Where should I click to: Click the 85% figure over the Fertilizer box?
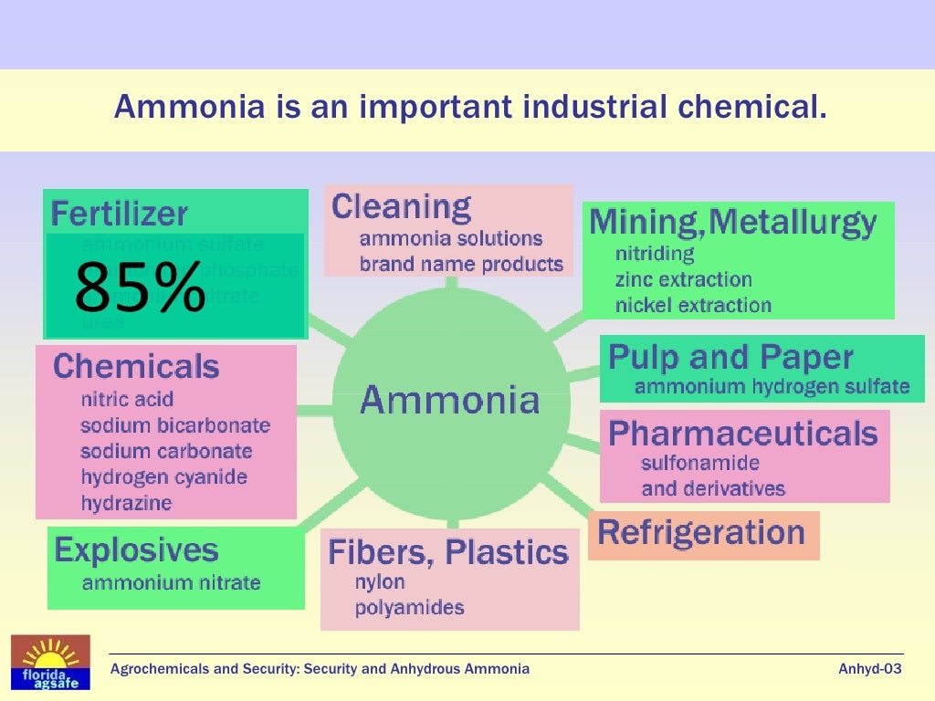pyautogui.click(x=140, y=288)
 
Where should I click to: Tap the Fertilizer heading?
pyautogui.click(x=120, y=214)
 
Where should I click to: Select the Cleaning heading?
pyautogui.click(x=401, y=207)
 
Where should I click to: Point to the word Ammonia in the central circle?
pyautogui.click(x=450, y=400)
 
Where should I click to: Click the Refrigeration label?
pyautogui.click(x=701, y=532)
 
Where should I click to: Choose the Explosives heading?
pyautogui.click(x=136, y=550)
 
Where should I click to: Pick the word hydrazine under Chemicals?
pyautogui.click(x=126, y=503)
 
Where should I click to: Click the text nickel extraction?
pyautogui.click(x=693, y=305)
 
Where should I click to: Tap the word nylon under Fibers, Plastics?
pyautogui.click(x=380, y=581)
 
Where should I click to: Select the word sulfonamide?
pyautogui.click(x=700, y=463)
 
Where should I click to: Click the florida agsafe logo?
pyautogui.click(x=50, y=662)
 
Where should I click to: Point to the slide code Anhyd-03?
pyautogui.click(x=870, y=669)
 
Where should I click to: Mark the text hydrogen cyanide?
pyautogui.click(x=164, y=476)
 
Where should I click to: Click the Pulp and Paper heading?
pyautogui.click(x=730, y=357)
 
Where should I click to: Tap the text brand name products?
pyautogui.click(x=461, y=265)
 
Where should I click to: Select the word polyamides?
pyautogui.click(x=410, y=607)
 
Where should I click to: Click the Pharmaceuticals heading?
pyautogui.click(x=743, y=434)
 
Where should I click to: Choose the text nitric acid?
pyautogui.click(x=127, y=399)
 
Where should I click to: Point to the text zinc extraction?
pyautogui.click(x=684, y=279)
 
